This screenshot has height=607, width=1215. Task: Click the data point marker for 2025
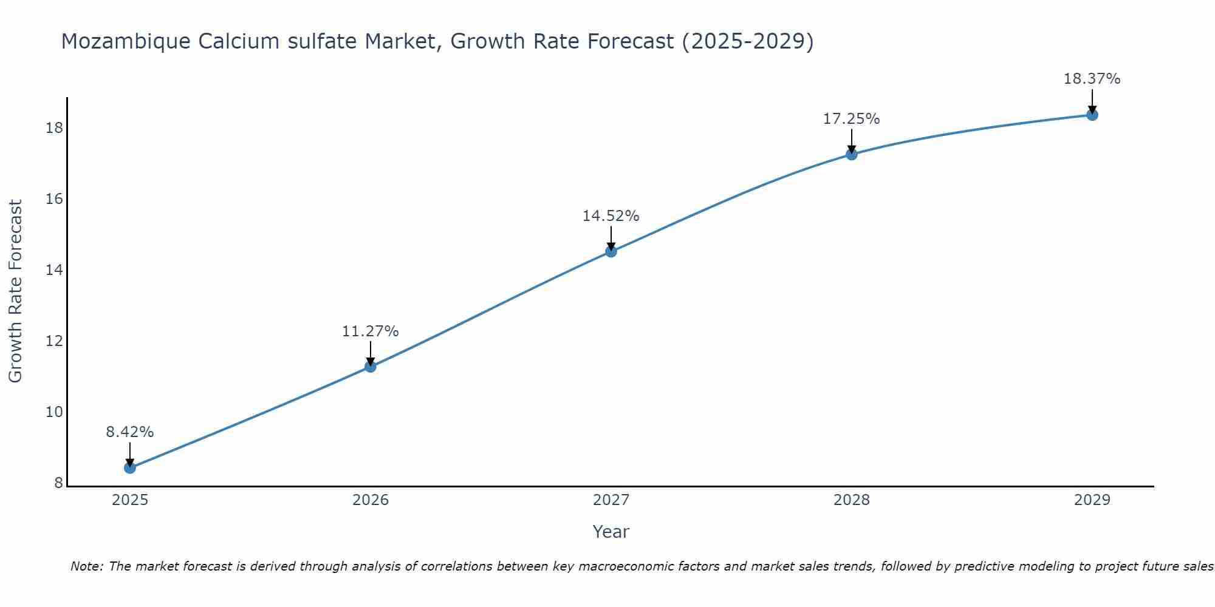coord(130,468)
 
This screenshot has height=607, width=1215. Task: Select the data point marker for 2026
coord(371,367)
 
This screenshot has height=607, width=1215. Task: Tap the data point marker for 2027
coord(611,251)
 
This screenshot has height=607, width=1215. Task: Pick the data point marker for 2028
coord(852,154)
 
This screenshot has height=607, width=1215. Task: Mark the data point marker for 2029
coord(1092,115)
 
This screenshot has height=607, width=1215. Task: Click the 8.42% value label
coord(130,432)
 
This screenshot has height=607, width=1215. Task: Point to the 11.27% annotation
coord(371,331)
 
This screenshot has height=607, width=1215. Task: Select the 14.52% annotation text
coord(611,216)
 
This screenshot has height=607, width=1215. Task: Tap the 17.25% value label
coord(852,119)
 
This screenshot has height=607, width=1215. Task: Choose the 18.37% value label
coord(1092,79)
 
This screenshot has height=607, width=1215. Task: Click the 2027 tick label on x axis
coord(611,500)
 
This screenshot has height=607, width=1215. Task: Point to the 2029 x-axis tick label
coord(1092,500)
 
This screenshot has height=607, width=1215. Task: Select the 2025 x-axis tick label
coord(130,500)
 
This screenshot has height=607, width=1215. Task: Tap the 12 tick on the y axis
coord(55,341)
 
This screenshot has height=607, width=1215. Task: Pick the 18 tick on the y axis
coord(55,128)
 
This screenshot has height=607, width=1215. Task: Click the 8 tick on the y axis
coord(59,483)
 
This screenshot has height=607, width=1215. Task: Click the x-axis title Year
coord(611,532)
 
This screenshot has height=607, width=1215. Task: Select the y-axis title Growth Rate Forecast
coord(16,291)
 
